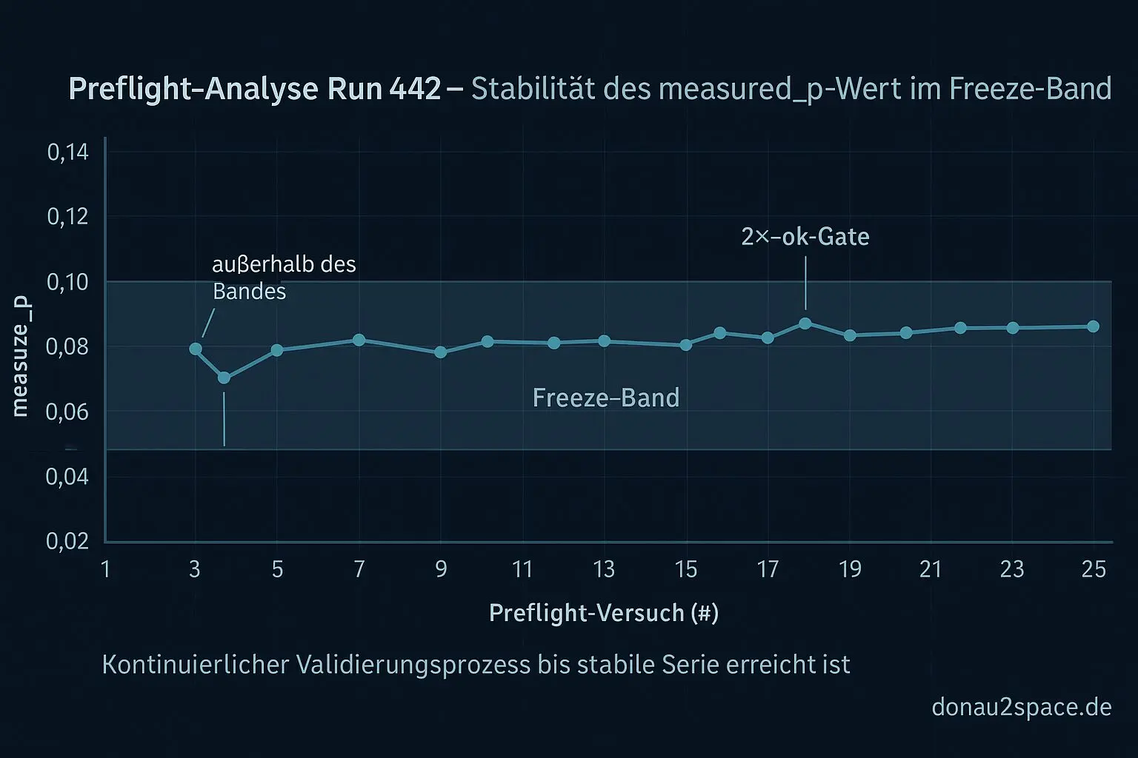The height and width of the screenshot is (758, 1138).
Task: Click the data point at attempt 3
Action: pos(196,349)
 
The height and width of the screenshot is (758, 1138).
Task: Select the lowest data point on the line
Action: pos(224,378)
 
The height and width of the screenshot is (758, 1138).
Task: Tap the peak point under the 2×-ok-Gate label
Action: pos(805,323)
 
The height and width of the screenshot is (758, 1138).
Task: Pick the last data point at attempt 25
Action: pos(1093,326)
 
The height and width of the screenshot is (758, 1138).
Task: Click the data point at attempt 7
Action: pos(359,340)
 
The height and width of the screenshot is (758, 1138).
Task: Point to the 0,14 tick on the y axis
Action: pos(67,152)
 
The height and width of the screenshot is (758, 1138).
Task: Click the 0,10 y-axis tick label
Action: pos(67,282)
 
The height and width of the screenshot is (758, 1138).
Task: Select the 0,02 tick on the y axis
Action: pos(67,541)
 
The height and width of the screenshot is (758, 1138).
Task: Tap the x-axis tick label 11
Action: pos(522,569)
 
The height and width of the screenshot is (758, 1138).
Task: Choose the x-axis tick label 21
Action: pos(931,569)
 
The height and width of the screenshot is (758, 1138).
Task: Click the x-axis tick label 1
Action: pos(106,569)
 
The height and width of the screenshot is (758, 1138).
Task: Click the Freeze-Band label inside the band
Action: pos(605,398)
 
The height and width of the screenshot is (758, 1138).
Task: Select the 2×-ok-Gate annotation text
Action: pos(805,237)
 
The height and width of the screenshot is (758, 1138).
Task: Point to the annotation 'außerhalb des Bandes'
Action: pos(284,278)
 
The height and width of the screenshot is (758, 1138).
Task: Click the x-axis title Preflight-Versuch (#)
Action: pos(604,613)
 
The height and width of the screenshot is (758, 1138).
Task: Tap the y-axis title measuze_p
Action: pos(20,355)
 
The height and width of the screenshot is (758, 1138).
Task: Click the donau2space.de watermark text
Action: pos(1021,707)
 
